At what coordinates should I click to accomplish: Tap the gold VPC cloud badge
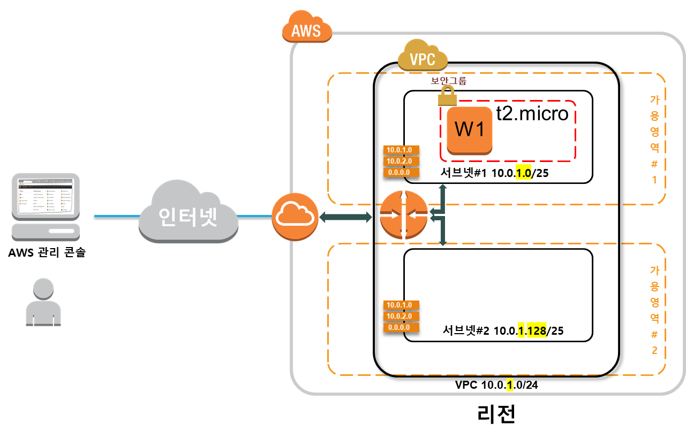click(x=423, y=57)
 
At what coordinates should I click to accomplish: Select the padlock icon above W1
click(x=447, y=96)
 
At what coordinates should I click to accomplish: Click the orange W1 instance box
click(x=470, y=130)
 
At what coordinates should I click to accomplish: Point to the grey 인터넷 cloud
click(x=188, y=214)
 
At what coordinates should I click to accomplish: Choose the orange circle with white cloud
click(x=295, y=216)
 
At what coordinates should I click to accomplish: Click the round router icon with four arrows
click(x=404, y=214)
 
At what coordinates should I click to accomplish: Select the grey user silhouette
click(x=43, y=302)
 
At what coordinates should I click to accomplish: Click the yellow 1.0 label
click(x=523, y=173)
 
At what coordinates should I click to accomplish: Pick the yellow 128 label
click(x=537, y=331)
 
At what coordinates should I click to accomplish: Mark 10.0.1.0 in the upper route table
click(x=401, y=150)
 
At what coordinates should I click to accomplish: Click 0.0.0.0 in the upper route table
click(x=401, y=172)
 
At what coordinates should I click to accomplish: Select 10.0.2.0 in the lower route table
click(x=401, y=316)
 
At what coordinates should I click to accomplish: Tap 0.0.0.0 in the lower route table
click(x=401, y=327)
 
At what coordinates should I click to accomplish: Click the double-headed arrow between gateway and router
click(x=346, y=217)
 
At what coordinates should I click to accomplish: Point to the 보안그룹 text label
click(x=449, y=81)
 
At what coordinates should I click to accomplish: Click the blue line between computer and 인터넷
click(x=115, y=216)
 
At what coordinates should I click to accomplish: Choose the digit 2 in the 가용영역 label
click(x=654, y=351)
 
